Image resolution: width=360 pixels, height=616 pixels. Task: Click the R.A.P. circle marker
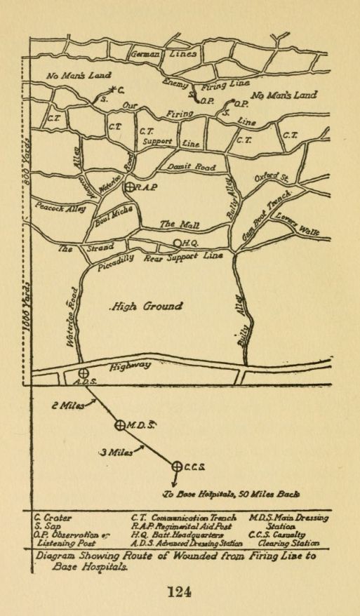129,187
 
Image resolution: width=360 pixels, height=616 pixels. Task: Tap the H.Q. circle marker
178,244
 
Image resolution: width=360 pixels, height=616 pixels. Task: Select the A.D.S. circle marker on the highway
82,373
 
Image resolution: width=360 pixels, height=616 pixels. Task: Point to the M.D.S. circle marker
120,424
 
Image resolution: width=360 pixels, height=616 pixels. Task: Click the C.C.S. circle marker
177,465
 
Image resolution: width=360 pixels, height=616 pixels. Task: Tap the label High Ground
146,307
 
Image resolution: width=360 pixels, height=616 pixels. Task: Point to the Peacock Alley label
59,210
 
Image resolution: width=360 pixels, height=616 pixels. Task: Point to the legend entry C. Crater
53,518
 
